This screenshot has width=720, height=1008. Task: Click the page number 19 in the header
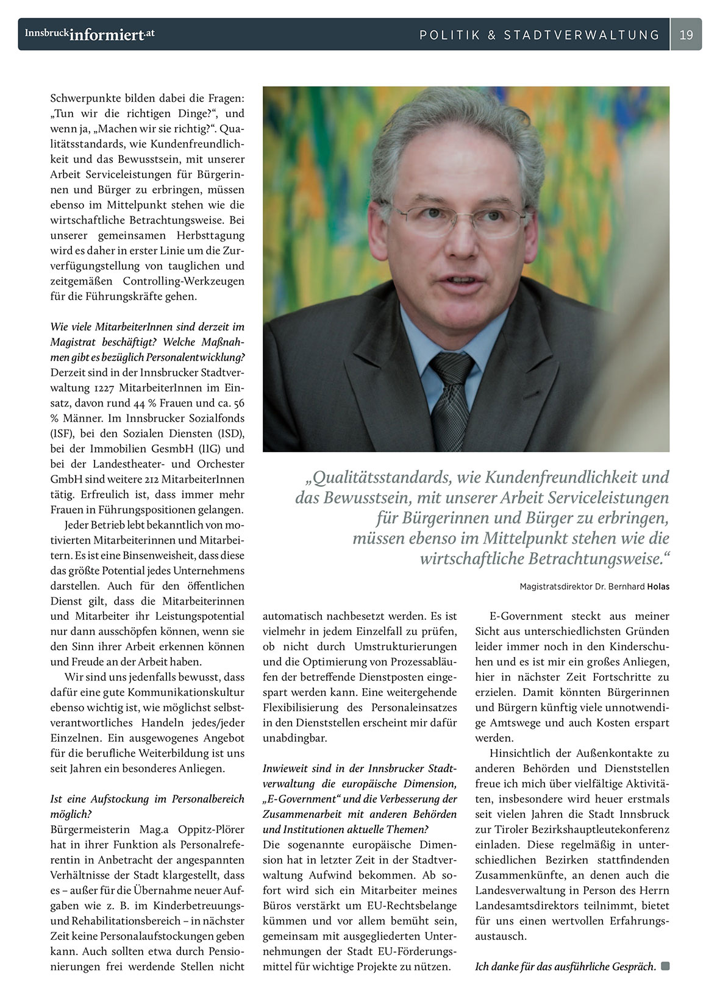click(x=686, y=35)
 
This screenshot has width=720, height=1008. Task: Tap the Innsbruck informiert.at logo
click(x=90, y=34)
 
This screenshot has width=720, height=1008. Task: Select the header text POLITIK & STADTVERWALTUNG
click(x=540, y=35)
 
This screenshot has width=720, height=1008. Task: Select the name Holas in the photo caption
click(x=658, y=587)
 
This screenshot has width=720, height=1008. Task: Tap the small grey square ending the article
click(x=665, y=966)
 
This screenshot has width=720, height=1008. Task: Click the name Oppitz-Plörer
click(x=211, y=829)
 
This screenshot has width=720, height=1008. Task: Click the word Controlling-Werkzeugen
click(x=184, y=281)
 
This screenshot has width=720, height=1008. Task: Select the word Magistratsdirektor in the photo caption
click(x=557, y=587)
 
